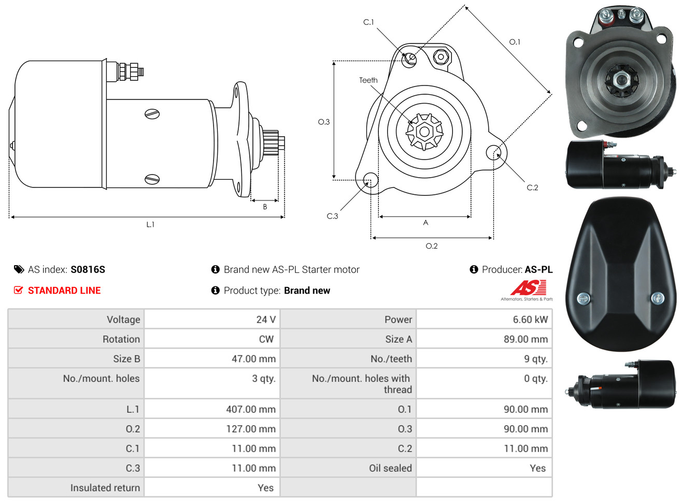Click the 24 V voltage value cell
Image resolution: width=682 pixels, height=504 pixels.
(x=266, y=319)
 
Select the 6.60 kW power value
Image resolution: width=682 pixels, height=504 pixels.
(x=530, y=319)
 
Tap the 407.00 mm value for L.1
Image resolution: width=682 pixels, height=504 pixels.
(x=251, y=409)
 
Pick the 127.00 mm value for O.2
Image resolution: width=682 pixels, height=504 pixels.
(x=251, y=429)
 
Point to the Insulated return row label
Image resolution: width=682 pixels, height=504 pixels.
(x=105, y=487)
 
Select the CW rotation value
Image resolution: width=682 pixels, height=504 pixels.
(x=266, y=339)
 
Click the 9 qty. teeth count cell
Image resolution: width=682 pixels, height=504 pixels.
(x=536, y=358)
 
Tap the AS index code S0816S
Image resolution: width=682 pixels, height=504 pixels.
(x=88, y=269)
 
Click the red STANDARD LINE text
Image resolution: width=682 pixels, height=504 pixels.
(x=64, y=291)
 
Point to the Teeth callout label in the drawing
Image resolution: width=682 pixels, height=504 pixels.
(x=368, y=80)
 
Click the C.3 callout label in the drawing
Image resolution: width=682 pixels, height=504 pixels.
(x=332, y=216)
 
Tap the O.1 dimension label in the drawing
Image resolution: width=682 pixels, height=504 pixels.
(x=515, y=42)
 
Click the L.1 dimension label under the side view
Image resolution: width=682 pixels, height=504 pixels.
(x=150, y=225)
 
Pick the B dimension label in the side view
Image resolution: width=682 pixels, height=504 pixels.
(x=265, y=207)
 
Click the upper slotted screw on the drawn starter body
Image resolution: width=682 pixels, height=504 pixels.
(x=152, y=114)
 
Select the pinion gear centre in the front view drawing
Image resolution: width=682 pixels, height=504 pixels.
(x=424, y=132)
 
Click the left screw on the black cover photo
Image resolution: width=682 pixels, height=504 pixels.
(x=583, y=298)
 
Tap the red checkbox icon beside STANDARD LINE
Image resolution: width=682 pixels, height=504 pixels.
(x=18, y=290)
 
